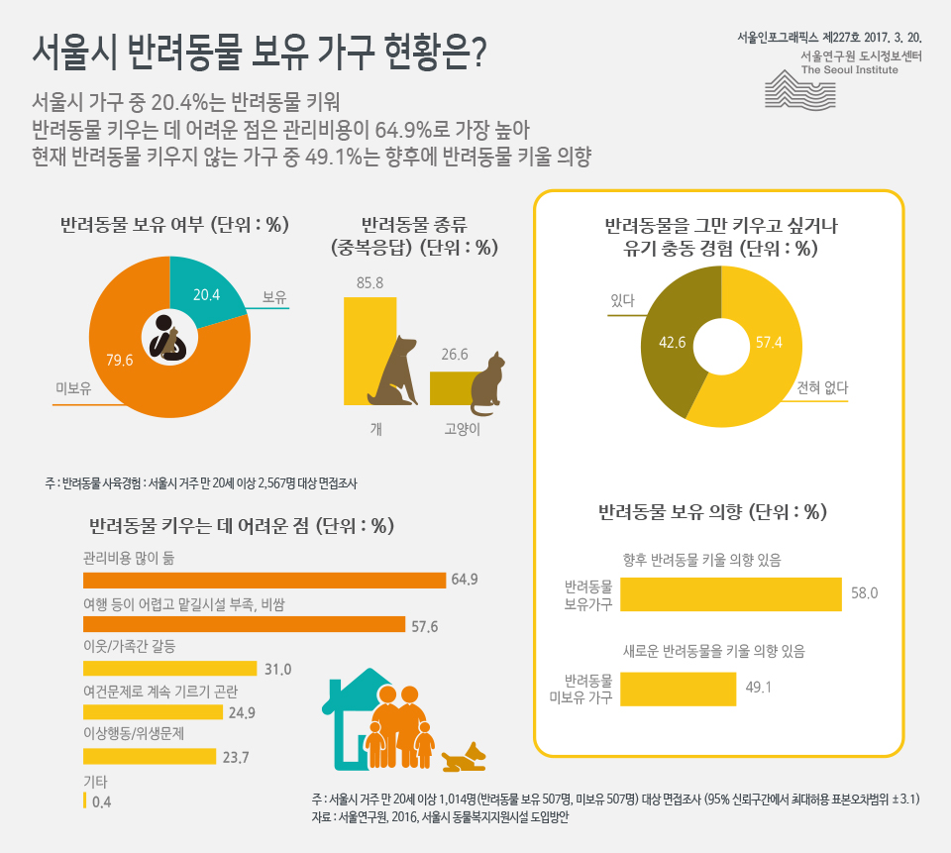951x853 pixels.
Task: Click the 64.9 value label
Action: point(465,580)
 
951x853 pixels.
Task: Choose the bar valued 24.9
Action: point(153,712)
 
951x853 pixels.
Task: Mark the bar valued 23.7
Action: point(150,757)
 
